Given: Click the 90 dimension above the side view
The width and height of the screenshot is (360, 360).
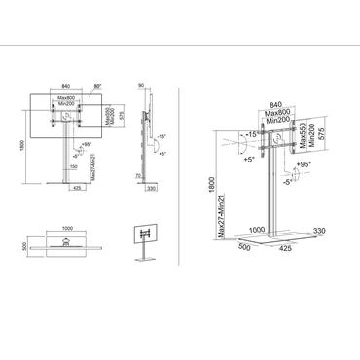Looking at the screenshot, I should pos(142,86).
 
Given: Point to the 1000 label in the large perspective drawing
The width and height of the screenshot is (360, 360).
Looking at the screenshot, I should pos(257,230).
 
